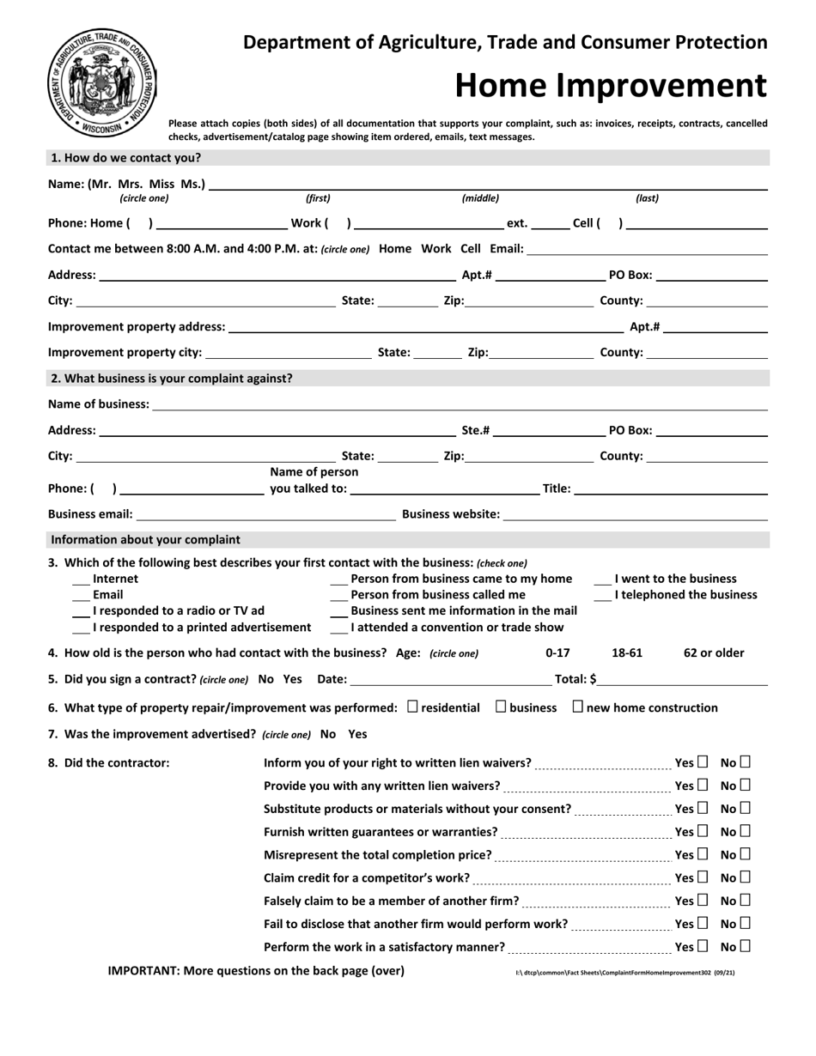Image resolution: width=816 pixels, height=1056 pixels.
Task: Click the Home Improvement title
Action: click(x=610, y=85)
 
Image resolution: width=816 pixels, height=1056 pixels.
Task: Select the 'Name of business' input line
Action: click(x=459, y=404)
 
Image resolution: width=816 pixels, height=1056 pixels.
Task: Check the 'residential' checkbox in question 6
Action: click(x=413, y=707)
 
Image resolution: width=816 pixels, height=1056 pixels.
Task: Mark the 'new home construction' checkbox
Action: click(x=577, y=707)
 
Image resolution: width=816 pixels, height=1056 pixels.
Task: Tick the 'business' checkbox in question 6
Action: click(x=502, y=707)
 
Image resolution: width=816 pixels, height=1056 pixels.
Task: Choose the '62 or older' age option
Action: click(x=713, y=652)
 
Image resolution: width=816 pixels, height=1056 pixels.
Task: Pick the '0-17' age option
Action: click(x=558, y=652)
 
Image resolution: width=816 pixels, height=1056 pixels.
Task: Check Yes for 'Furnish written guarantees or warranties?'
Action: click(x=703, y=831)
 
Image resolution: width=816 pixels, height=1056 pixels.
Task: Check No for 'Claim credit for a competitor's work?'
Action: click(x=745, y=877)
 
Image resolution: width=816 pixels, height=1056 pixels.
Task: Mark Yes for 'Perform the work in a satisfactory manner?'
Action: click(x=703, y=947)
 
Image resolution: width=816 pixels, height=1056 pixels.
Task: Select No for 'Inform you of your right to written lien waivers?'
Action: click(x=745, y=762)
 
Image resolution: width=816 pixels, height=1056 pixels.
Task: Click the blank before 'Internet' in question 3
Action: click(x=81, y=580)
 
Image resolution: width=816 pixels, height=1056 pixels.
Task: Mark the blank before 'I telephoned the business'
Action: click(x=603, y=595)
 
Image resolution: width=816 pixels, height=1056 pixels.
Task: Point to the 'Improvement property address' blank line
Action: click(x=426, y=327)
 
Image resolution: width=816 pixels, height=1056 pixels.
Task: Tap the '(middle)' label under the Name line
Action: click(x=480, y=198)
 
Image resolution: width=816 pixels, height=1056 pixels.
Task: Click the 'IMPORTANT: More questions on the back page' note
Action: click(x=256, y=971)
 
